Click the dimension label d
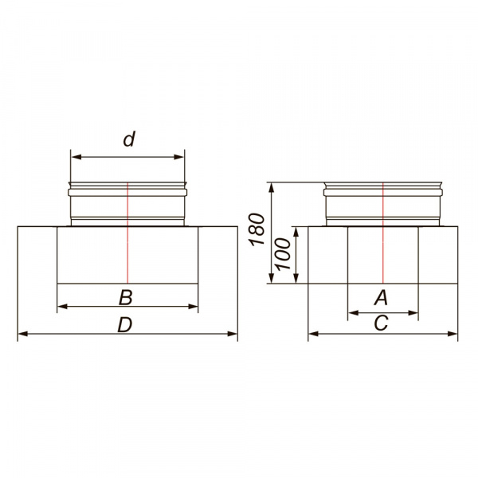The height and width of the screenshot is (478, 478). [129, 139]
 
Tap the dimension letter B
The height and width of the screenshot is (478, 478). [126, 297]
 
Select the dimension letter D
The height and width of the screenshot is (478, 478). [125, 325]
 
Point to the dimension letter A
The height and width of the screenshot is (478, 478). [381, 297]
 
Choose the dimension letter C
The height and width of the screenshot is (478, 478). [381, 323]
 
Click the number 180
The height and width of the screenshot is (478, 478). [257, 229]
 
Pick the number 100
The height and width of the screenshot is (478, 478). [284, 254]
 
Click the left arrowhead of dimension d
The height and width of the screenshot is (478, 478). [76, 157]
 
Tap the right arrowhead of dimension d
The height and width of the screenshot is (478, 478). [179, 157]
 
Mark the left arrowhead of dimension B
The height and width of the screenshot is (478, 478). [62, 307]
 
